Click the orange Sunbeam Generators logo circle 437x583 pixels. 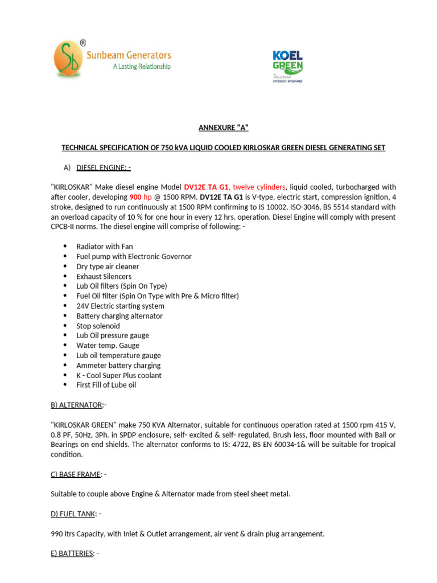tap(67, 59)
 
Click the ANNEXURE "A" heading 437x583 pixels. tap(223, 128)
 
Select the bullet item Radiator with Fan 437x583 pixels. tap(105, 247)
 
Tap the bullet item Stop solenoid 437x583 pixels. tap(98, 326)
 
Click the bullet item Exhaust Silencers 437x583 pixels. tap(104, 276)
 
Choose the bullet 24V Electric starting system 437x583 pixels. tap(120, 306)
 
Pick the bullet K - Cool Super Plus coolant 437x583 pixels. tap(119, 375)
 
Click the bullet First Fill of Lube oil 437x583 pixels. tap(106, 385)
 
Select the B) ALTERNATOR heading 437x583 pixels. tap(77, 405)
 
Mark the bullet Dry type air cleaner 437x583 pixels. tap(108, 266)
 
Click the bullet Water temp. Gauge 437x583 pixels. tap(108, 346)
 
